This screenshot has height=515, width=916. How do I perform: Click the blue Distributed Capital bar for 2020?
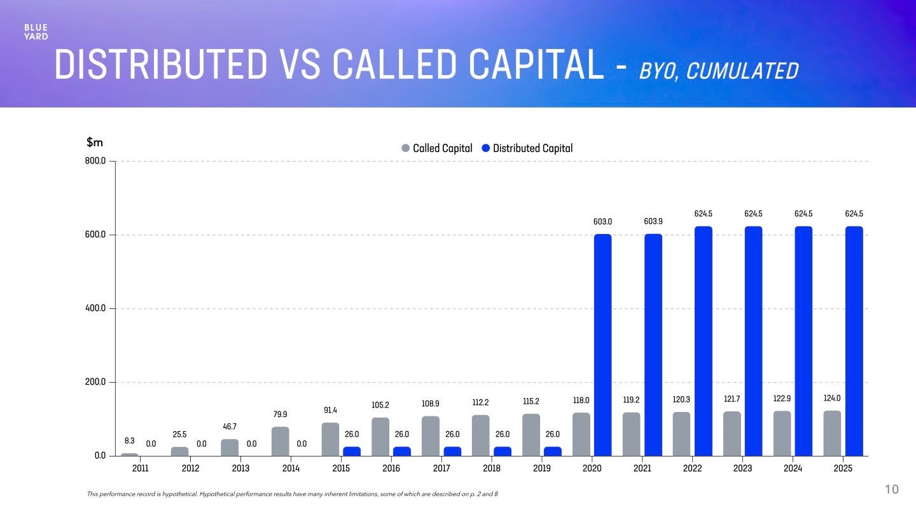point(602,345)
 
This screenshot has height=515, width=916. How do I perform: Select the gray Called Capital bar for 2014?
point(280,441)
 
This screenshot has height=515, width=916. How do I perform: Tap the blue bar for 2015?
point(352,451)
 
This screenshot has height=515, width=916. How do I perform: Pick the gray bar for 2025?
point(832,433)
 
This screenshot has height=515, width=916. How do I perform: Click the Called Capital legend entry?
point(437,148)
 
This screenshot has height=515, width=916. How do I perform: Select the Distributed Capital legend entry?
point(527,148)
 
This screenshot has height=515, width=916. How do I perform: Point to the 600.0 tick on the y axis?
point(99,235)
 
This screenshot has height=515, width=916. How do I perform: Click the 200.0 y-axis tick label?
point(99,383)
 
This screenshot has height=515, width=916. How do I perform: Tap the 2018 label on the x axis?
point(491,469)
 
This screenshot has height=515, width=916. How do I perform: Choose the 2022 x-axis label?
point(692,469)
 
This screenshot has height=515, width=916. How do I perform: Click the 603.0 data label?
point(602,222)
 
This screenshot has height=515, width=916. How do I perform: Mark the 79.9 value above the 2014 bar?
point(280,415)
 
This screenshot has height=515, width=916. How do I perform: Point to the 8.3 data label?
point(129,441)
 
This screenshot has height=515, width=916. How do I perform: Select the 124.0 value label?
point(832,398)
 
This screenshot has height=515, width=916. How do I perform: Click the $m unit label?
point(95,143)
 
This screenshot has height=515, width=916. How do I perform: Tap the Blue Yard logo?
point(36,32)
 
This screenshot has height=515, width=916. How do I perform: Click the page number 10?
point(892,489)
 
